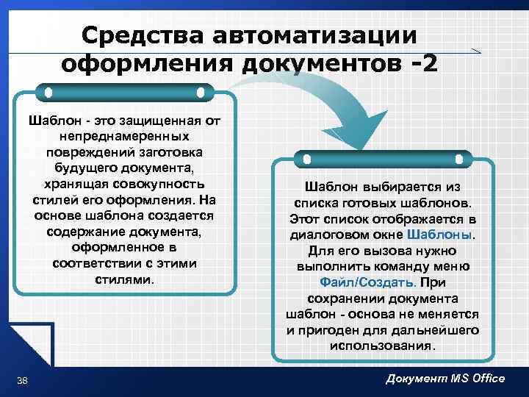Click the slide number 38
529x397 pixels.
pos(22,379)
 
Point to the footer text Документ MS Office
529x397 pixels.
pos(445,378)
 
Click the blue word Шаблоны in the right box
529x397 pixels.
pos(440,235)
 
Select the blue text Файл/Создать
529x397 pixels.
pos(368,282)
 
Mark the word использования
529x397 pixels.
pos(382,346)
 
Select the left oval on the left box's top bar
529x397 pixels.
pos(48,93)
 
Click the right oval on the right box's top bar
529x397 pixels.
pos(459,158)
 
